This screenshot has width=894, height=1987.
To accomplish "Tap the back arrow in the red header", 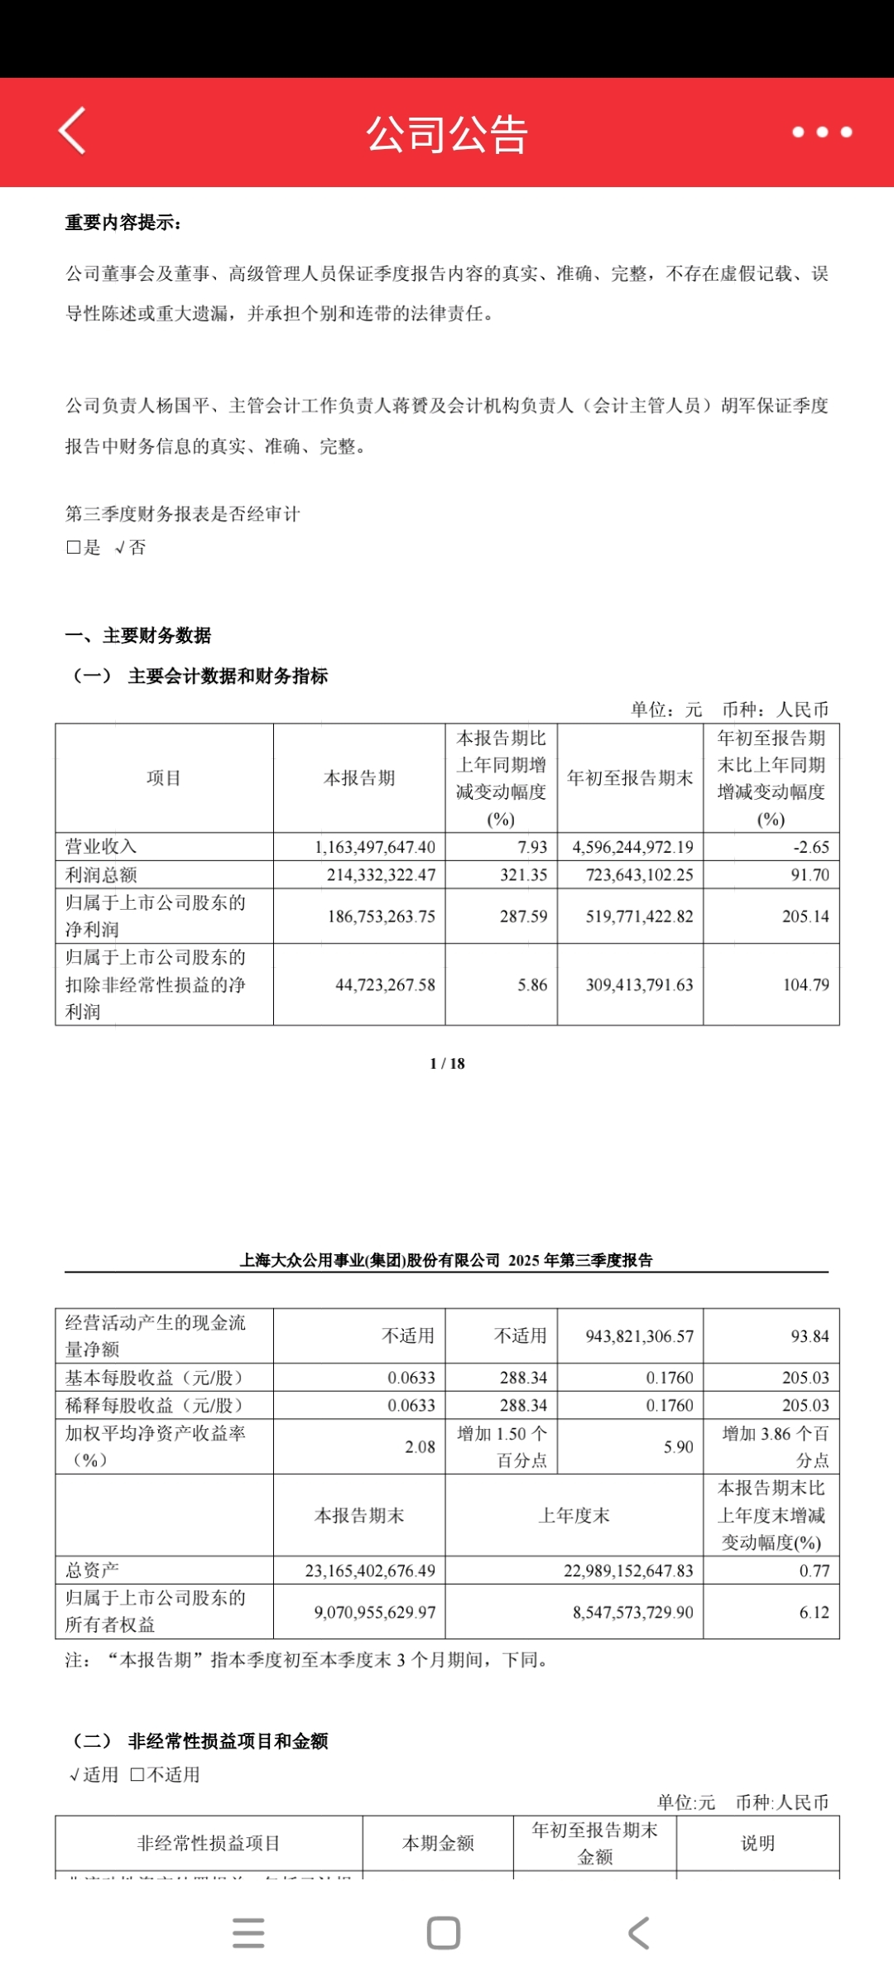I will tap(73, 131).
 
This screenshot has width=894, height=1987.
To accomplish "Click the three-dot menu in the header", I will tap(821, 132).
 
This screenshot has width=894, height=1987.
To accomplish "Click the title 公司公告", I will tap(447, 134).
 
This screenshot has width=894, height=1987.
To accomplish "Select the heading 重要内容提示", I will tap(123, 223).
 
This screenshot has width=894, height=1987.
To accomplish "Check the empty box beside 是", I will tap(73, 547).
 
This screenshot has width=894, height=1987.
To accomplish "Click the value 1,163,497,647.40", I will tap(375, 847).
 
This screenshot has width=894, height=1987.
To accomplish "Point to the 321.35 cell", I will tap(523, 875).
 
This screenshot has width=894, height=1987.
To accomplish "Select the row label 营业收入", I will tap(101, 846).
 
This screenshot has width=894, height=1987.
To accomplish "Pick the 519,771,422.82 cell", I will tap(639, 917).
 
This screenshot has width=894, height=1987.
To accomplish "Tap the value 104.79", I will tap(805, 984).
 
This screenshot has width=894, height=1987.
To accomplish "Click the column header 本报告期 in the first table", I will tap(359, 778).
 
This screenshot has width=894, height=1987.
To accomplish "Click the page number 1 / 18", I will tap(447, 1064).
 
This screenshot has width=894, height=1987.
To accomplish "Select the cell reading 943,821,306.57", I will tap(639, 1336).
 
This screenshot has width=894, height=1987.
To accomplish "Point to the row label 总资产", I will tap(92, 1570).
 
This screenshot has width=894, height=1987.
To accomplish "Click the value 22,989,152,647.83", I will tap(628, 1571).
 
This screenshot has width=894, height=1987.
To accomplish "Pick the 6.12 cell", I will tap(814, 1612).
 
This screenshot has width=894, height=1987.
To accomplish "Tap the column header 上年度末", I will tap(574, 1516).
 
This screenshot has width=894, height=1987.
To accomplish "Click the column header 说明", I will tap(757, 1843).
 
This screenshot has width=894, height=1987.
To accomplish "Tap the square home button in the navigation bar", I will tap(444, 1933).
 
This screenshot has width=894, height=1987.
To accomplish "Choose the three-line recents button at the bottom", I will tap(248, 1933).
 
